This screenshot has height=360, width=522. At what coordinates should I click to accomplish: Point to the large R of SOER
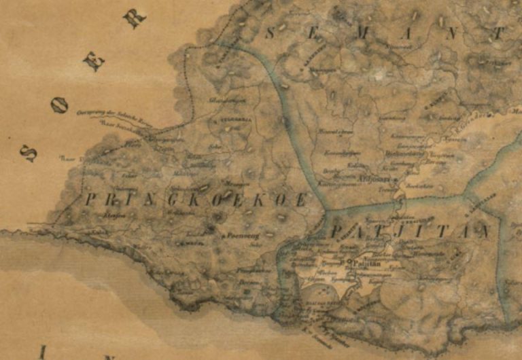136,18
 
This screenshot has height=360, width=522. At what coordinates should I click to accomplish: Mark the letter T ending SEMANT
500,32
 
